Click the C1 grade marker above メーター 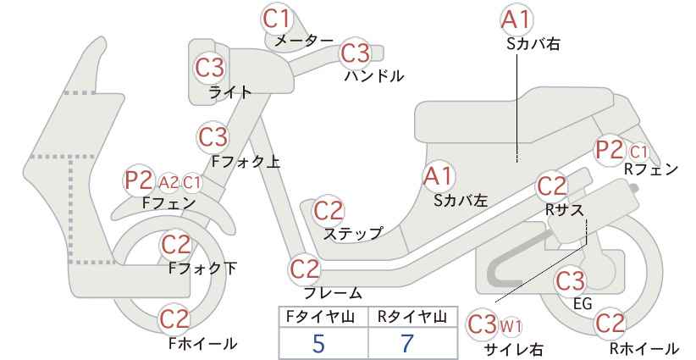tap(276, 19)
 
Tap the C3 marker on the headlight tap(209, 68)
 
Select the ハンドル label tap(374, 76)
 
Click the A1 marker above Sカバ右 tap(516, 20)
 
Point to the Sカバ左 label tap(461, 201)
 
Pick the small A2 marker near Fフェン tap(168, 182)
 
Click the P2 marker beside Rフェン tap(609, 150)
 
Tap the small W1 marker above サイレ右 tap(511, 327)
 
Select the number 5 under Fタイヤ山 tap(318, 343)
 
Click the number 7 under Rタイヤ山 tap(407, 343)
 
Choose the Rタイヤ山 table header tap(412, 317)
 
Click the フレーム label tap(333, 293)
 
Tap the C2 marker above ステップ tap(329, 211)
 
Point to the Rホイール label tap(644, 348)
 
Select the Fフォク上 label tap(246, 162)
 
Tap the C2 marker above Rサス tap(552, 186)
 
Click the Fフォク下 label tap(203, 269)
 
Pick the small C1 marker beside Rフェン tap(638, 152)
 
